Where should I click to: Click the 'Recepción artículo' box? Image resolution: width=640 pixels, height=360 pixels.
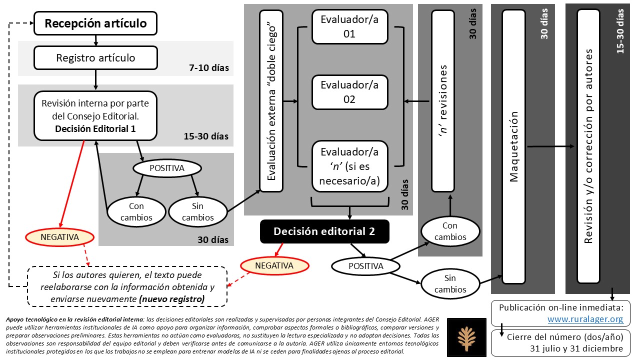click(x=95, y=23)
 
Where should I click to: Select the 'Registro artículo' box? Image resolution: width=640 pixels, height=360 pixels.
click(x=95, y=58)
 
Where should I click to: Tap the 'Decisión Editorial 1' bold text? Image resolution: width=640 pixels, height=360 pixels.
click(x=95, y=129)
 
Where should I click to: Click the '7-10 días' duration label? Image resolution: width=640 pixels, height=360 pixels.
click(x=209, y=67)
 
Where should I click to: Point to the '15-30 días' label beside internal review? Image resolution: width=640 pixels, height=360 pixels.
click(x=206, y=136)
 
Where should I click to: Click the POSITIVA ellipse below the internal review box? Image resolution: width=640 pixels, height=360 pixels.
click(x=167, y=168)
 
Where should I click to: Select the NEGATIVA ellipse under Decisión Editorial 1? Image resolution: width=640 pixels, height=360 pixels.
click(x=59, y=237)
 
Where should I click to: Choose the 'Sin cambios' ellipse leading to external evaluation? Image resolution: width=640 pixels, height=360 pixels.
click(x=197, y=211)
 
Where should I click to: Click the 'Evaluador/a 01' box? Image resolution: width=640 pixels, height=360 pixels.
click(x=349, y=27)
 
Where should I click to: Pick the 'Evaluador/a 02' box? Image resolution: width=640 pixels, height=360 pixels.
click(x=349, y=92)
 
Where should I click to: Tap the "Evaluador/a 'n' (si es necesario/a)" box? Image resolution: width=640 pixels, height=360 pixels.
click(x=349, y=166)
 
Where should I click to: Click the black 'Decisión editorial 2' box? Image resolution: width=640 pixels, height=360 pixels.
click(x=324, y=231)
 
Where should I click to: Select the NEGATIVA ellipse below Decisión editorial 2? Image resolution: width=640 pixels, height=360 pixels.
click(x=274, y=265)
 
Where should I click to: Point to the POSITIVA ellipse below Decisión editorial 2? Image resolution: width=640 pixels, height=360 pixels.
click(x=365, y=266)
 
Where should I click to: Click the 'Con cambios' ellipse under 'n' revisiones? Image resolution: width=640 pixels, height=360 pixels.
click(x=450, y=231)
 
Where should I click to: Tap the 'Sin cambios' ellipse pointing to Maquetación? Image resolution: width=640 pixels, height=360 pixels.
click(x=450, y=283)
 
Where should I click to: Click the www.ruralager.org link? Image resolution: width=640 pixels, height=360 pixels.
click(x=585, y=319)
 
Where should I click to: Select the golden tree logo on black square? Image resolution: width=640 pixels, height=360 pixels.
click(x=466, y=337)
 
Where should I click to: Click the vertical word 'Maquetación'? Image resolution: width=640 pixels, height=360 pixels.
click(x=513, y=146)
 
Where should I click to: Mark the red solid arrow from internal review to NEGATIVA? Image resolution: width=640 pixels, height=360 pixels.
click(x=72, y=183)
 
